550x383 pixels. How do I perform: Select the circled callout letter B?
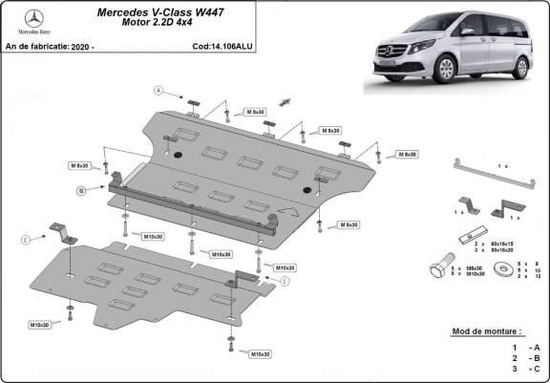pos(82,191)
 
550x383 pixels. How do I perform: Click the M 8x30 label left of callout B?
pos(78,165)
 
